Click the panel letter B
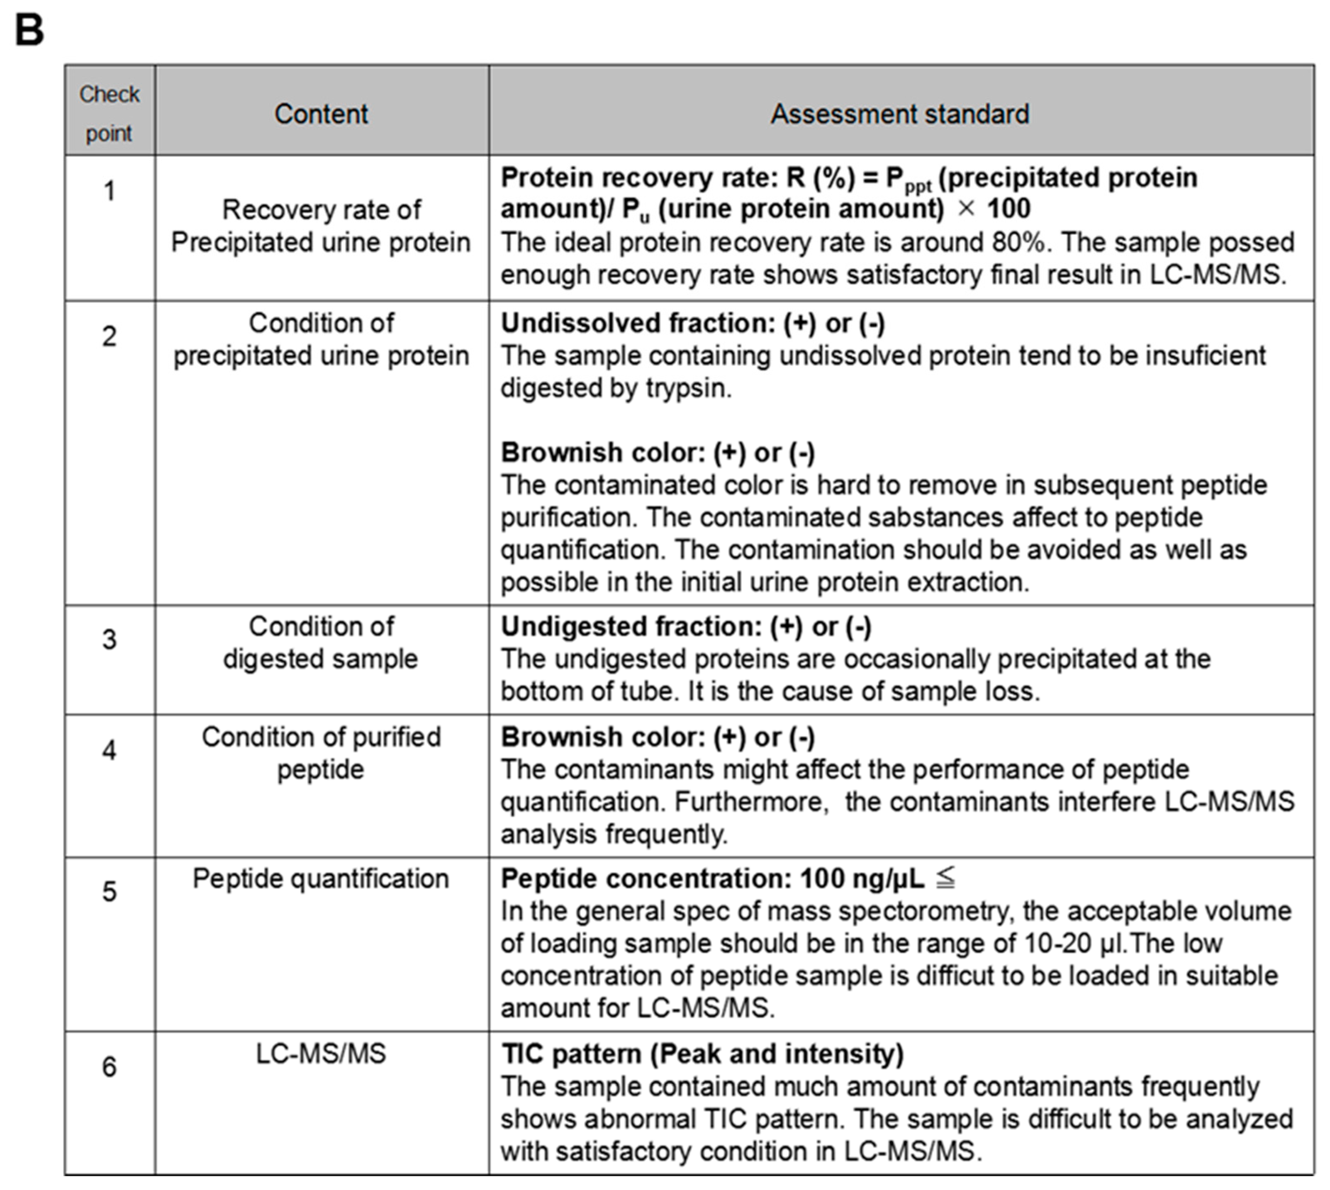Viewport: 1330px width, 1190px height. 29,30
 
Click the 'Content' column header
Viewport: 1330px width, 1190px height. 321,114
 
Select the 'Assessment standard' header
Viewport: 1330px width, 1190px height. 900,114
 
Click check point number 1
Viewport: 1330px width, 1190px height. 109,191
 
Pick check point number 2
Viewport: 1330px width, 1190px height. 109,336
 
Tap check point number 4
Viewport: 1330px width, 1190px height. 109,750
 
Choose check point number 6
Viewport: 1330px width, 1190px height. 109,1066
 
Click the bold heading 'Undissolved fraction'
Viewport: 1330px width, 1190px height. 638,324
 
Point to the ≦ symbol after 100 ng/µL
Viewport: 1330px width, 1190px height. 945,878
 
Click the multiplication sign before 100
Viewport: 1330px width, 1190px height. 966,209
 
